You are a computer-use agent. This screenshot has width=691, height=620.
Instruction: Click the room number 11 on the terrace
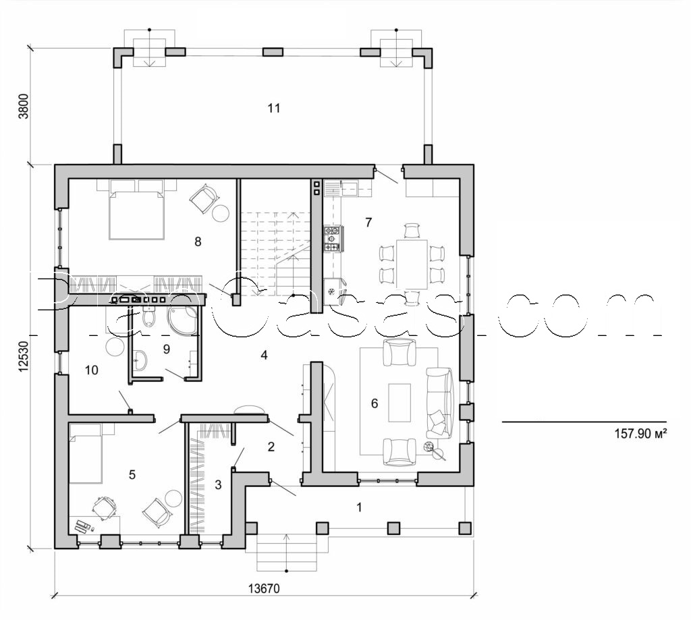pyautogui.click(x=273, y=108)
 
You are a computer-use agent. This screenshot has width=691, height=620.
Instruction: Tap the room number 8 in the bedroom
pyautogui.click(x=198, y=241)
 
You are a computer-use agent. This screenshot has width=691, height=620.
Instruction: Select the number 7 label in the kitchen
pyautogui.click(x=368, y=222)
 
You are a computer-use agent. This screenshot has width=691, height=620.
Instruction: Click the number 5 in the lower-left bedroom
pyautogui.click(x=132, y=474)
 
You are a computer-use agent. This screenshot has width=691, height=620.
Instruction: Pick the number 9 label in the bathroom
pyautogui.click(x=166, y=349)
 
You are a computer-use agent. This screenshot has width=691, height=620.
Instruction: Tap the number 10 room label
pyautogui.click(x=92, y=370)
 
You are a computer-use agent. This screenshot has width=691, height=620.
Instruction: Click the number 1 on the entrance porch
pyautogui.click(x=359, y=507)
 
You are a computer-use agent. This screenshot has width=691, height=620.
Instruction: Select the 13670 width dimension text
pyautogui.click(x=263, y=588)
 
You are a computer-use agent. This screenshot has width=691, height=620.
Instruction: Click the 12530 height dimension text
pyautogui.click(x=24, y=356)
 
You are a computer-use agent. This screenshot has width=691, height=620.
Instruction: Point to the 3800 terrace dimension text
pyautogui.click(x=24, y=106)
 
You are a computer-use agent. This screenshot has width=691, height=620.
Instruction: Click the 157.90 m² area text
pyautogui.click(x=641, y=434)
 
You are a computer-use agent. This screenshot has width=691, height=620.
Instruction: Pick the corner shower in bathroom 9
pyautogui.click(x=184, y=321)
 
